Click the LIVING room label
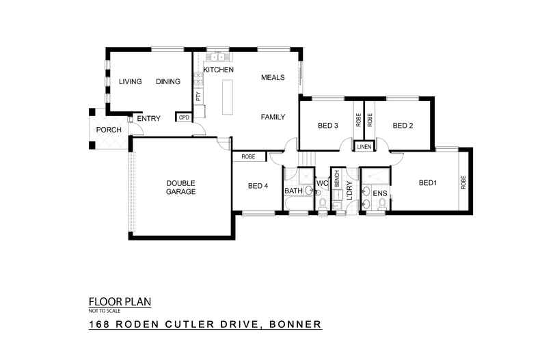coord(130,82)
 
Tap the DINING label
coord(167,82)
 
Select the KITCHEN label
coord(219,70)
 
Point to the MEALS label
coord(273,78)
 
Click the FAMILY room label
coord(273,117)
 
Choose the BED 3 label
coord(328,126)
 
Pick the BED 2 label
coord(403,126)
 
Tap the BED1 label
coord(427,182)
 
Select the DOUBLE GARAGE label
coord(181,187)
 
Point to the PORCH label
coord(109,130)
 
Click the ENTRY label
coord(148,119)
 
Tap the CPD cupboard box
coord(183,117)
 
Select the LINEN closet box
coord(364,146)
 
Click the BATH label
coord(293,191)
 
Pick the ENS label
coord(380,193)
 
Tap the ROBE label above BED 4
coord(247,157)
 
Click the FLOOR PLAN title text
coord(120,301)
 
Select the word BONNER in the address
coord(296,324)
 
